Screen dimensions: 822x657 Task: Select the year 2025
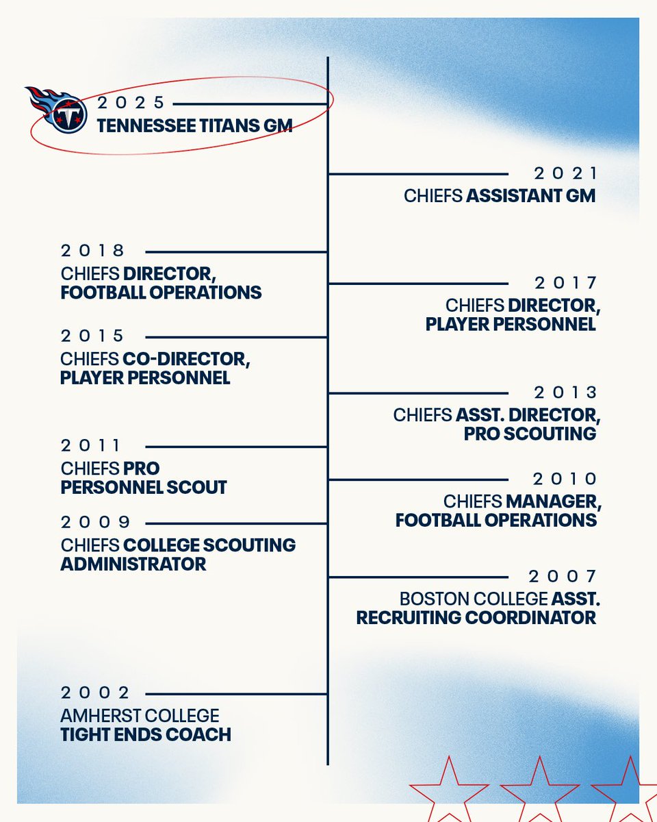coord(131,103)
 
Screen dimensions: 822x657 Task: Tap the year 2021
coord(566,173)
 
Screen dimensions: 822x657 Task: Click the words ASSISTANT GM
coord(531,196)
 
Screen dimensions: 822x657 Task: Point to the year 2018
coord(94,251)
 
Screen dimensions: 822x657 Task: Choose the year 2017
coord(566,282)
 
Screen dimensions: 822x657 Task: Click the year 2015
coord(94,336)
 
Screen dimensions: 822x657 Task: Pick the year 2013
coord(566,393)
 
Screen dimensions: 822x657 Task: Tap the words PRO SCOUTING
coord(530,434)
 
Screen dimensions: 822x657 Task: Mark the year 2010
coord(566,479)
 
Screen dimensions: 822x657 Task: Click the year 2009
coord(96,522)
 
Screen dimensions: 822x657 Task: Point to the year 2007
coord(563,576)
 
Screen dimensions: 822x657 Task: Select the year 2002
coord(95,693)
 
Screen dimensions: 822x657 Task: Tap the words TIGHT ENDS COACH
coord(146,735)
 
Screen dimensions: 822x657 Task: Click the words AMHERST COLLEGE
coord(140,716)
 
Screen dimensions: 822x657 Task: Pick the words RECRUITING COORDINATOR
coord(476,617)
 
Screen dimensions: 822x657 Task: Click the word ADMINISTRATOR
coord(133,564)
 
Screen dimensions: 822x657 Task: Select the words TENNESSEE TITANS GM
coord(194,126)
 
